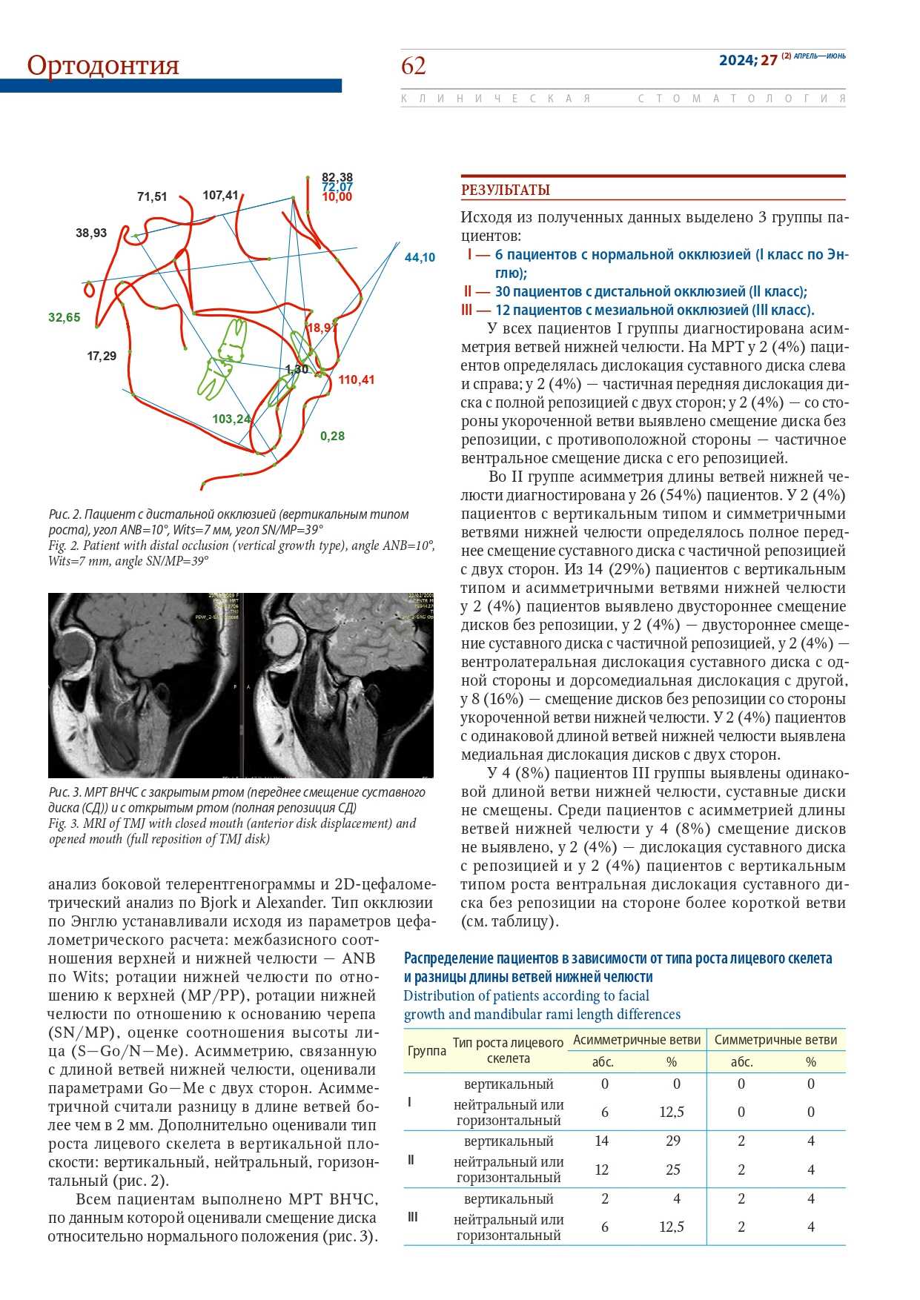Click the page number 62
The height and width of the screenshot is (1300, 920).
414,66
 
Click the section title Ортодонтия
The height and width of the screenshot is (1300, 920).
103,65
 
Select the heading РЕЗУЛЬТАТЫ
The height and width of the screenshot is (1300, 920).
506,190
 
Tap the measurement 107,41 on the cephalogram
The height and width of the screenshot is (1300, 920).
220,196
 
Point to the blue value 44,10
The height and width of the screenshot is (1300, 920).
420,258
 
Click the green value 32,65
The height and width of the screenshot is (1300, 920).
64,318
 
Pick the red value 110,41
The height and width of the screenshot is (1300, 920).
357,380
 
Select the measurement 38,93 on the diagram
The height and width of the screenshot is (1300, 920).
91,233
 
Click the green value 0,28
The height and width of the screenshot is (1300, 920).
332,437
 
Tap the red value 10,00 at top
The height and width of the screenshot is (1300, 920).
337,197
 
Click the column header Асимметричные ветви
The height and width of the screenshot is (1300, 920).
637,1040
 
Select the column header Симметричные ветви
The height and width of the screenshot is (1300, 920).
775,1040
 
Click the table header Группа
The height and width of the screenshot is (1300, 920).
427,1050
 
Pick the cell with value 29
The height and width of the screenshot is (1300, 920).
673,1141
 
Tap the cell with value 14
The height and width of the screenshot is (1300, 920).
602,1141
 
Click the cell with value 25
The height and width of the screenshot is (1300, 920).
673,1170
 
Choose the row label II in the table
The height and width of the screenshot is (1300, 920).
411,1159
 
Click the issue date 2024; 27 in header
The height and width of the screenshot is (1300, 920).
748,60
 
